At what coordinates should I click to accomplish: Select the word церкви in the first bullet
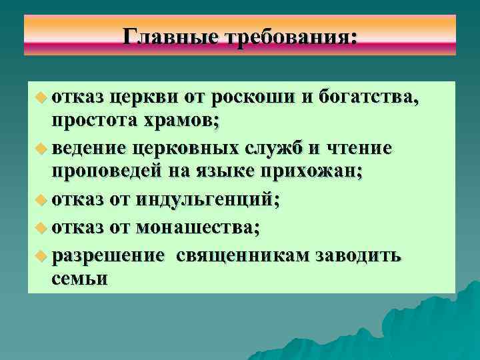coord(141,99)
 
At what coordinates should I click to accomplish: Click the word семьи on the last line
coord(79,279)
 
